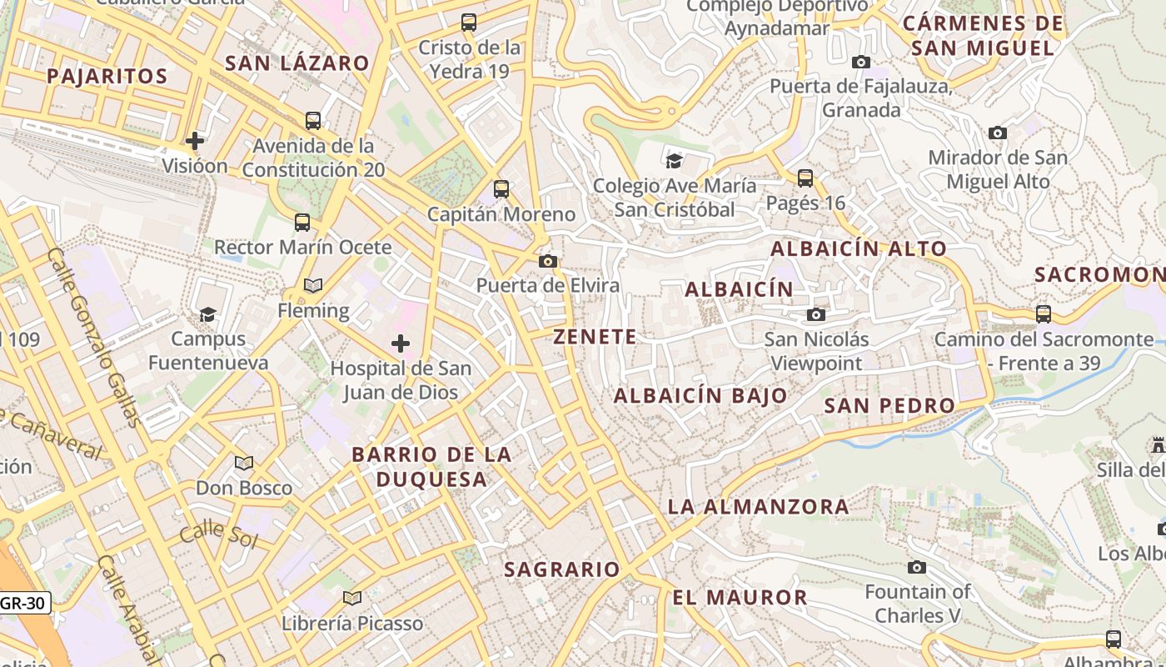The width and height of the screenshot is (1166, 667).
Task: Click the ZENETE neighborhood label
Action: coord(595,337)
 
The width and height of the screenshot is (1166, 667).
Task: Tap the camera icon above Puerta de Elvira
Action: coord(547,262)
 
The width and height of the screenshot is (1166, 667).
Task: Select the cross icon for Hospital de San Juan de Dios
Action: coord(401,344)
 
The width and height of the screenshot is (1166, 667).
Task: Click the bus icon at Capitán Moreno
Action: coord(501,189)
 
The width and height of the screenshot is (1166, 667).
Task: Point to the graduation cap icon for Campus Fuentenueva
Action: coord(207,314)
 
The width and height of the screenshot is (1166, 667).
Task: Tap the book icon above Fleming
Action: coord(313,286)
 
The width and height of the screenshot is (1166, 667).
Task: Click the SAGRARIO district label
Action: coord(562,569)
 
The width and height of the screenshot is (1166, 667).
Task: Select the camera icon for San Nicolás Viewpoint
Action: coord(816,314)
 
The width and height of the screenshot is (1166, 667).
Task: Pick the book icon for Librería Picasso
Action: coord(352,598)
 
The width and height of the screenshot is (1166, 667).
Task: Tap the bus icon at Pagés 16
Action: coord(805,178)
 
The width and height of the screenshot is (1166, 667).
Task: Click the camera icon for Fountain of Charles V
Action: coord(916,568)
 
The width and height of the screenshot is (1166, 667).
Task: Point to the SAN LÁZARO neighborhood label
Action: coord(297,63)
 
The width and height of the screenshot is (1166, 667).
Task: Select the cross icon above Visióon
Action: coord(195,140)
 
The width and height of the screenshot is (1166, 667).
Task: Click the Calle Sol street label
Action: coord(218,534)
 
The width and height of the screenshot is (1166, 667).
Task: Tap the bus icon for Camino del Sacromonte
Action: coord(1043,314)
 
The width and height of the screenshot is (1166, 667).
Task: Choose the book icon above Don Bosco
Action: coord(243,463)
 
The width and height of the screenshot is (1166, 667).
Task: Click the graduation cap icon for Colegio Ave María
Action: coord(674,160)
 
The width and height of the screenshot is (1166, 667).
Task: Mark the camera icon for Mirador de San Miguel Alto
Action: coord(997,133)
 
